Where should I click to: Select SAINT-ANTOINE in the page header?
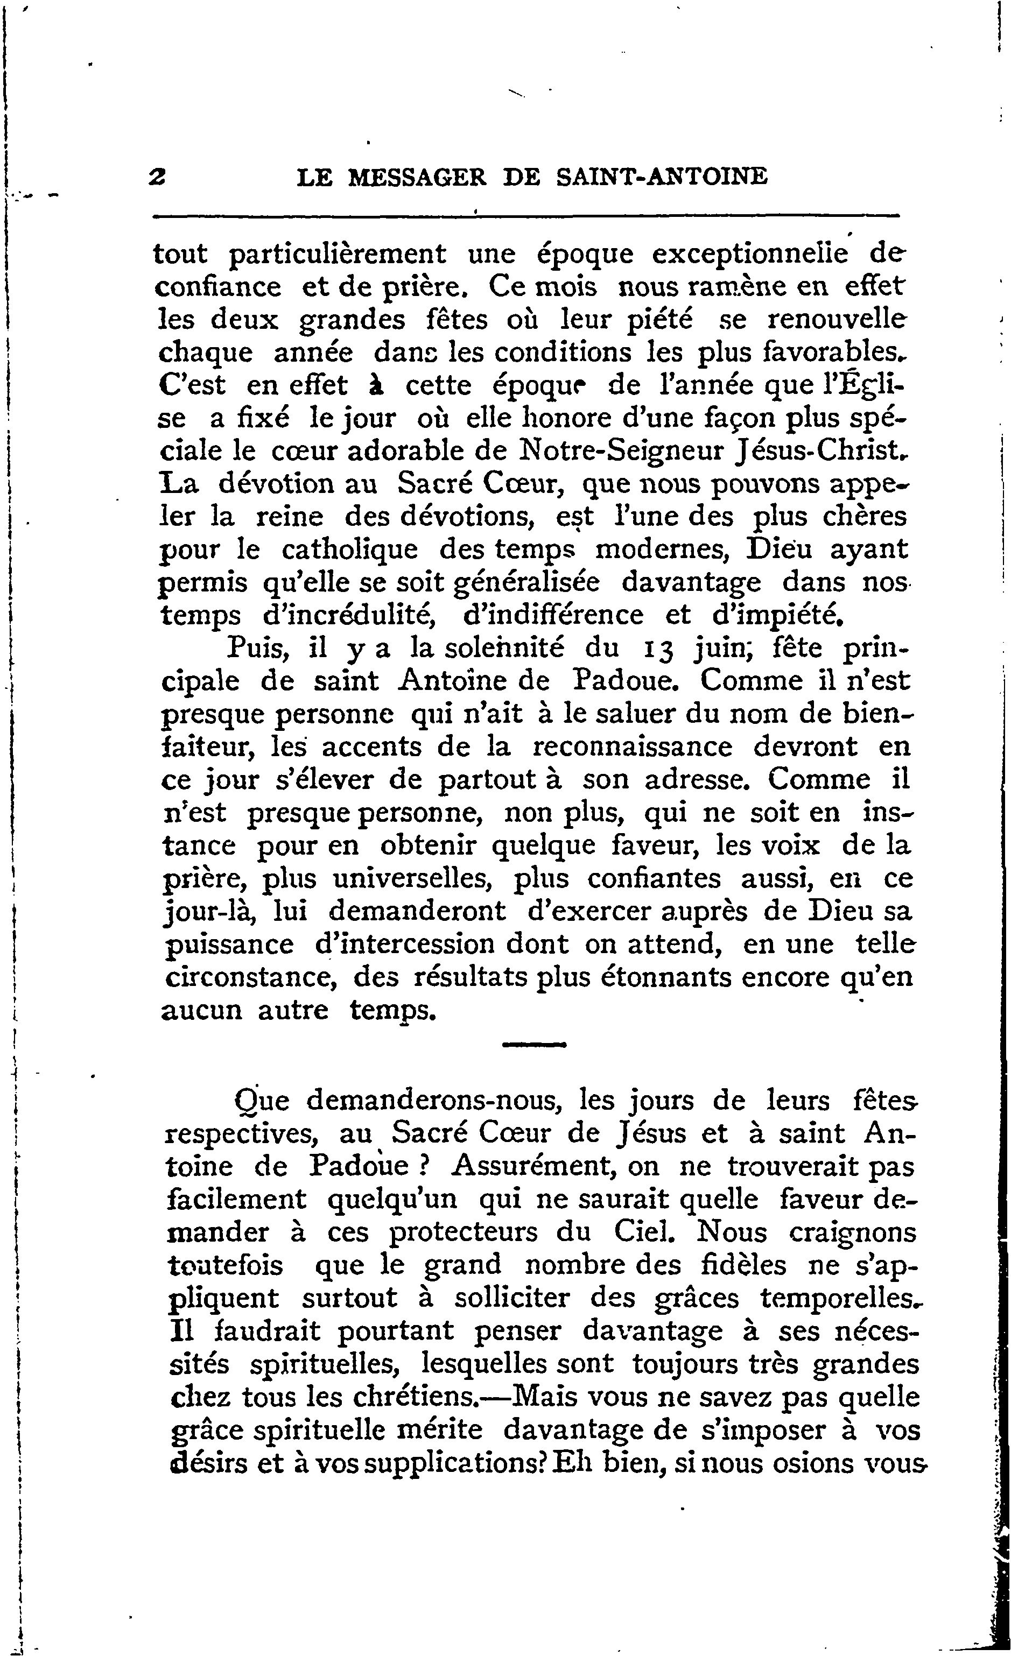pos(663,178)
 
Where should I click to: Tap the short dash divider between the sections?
pos(535,1045)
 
